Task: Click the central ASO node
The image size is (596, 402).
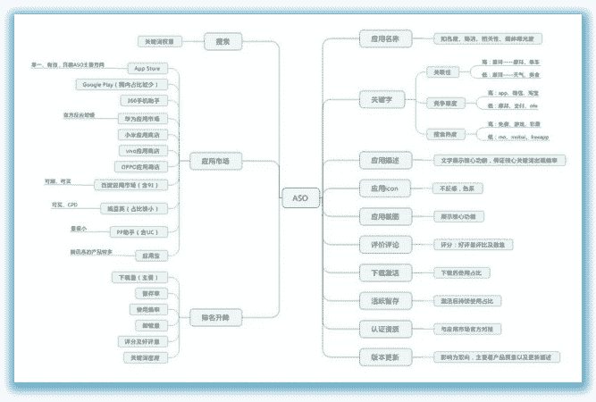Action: [300, 197]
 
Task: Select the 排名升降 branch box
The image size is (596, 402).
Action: [210, 317]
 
